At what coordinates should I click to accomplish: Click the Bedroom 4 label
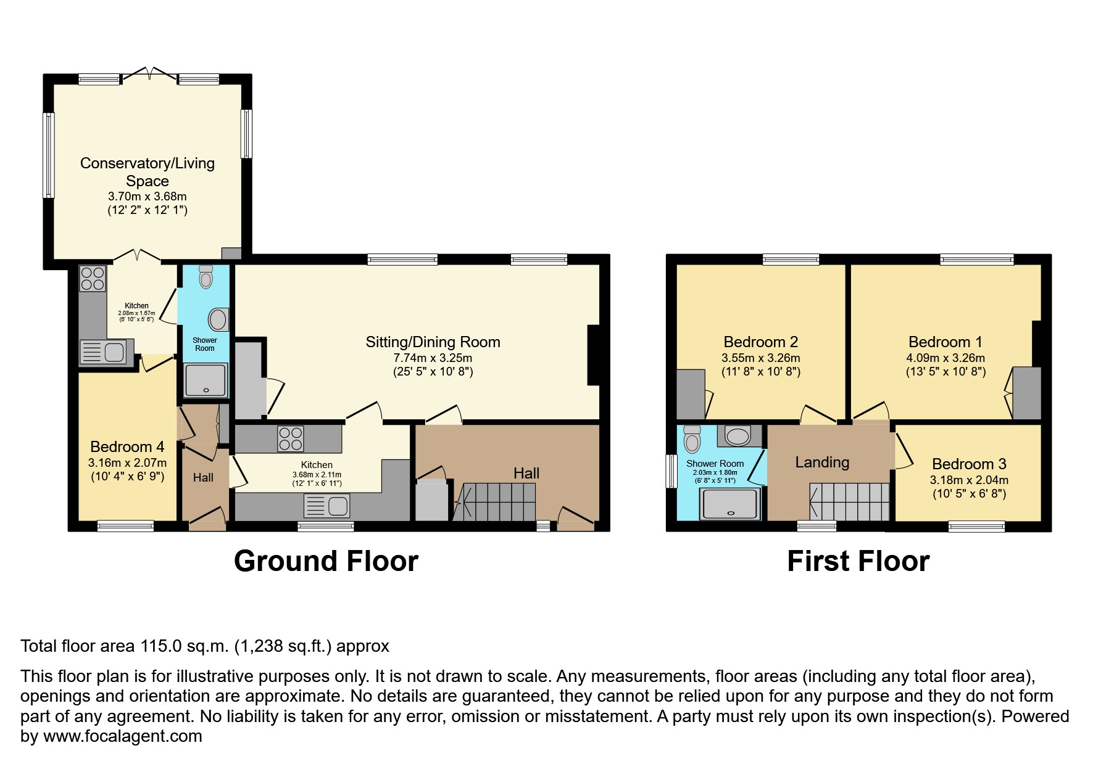(127, 446)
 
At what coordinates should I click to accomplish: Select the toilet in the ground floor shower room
(206, 277)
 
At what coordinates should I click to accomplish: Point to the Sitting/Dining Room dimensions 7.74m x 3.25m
(433, 358)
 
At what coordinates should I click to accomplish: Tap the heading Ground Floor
(326, 561)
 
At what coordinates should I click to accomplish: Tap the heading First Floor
(858, 561)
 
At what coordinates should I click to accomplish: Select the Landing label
(822, 462)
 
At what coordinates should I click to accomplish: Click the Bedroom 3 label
(969, 464)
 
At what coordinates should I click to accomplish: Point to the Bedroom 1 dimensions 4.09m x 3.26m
(945, 358)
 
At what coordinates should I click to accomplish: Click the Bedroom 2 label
(760, 342)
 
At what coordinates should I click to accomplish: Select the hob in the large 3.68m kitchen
(291, 438)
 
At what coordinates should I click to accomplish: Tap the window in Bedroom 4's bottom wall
(125, 526)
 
